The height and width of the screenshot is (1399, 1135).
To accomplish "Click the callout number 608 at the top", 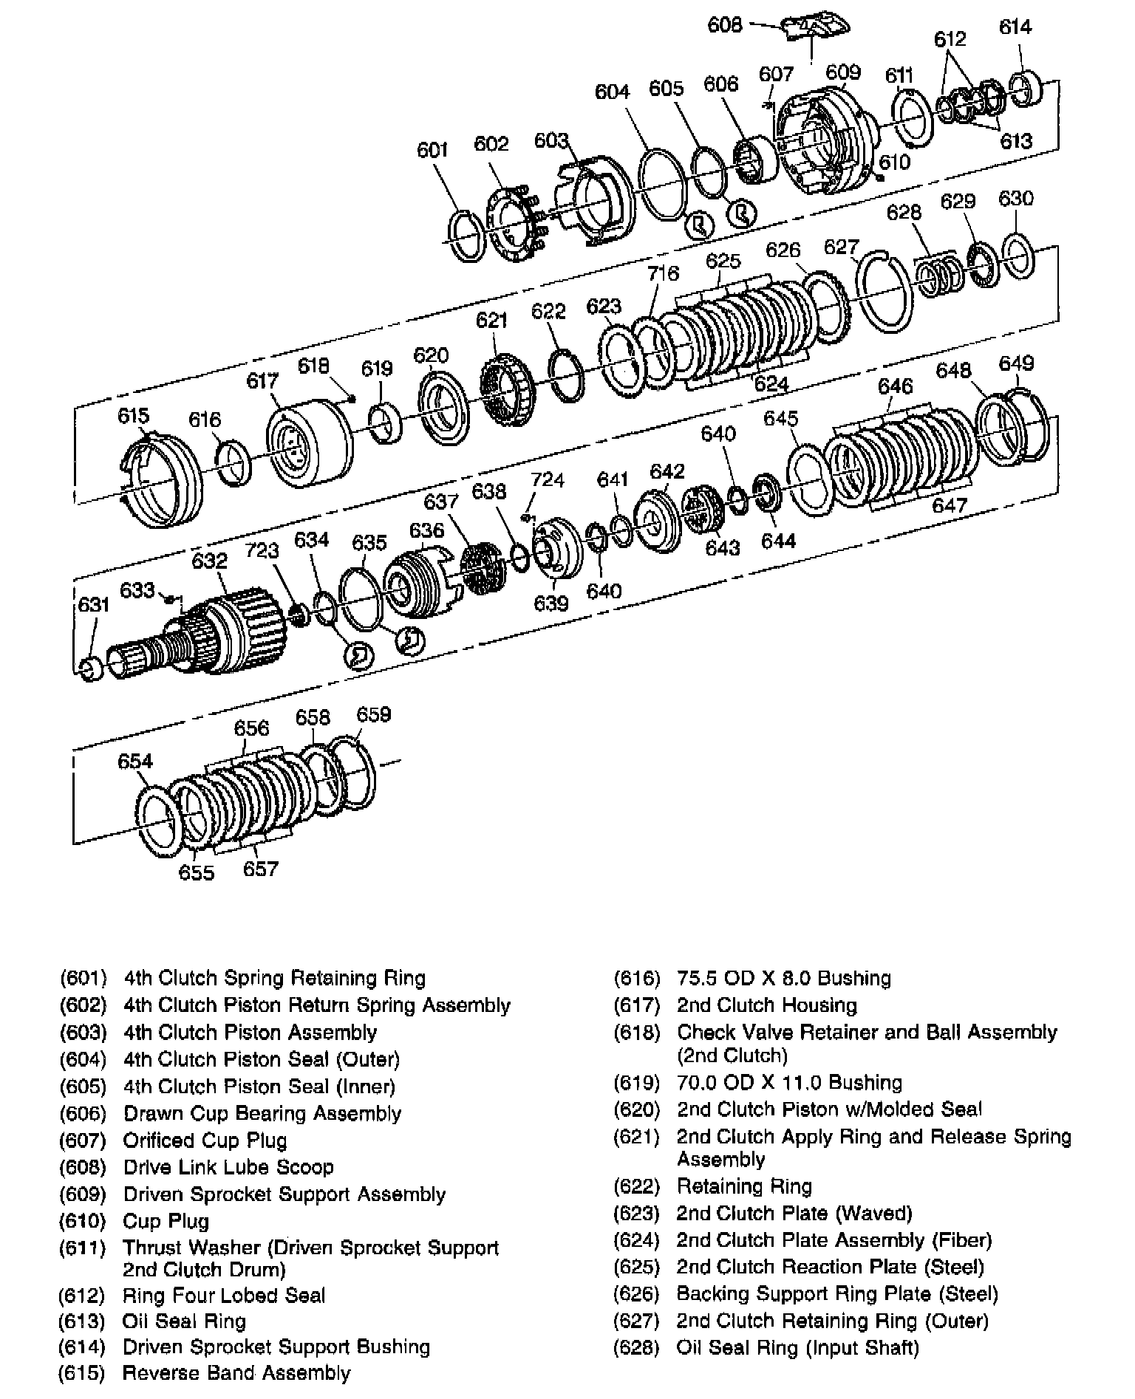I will pos(724,25).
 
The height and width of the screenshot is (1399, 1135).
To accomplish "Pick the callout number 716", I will pos(663,274).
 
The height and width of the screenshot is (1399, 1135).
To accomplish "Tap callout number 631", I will pos(94,606).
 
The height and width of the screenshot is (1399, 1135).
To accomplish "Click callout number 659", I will pos(373,715).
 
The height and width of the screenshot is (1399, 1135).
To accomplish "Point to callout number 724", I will pos(548,480).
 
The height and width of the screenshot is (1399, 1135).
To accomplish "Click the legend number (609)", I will pos(83,1194).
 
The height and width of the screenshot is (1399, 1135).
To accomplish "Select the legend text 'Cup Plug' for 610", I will pos(166,1221).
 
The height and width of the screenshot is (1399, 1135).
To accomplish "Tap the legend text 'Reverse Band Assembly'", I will pos(236,1373).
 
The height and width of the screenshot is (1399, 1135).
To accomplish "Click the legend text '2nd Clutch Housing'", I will pos(766,1005).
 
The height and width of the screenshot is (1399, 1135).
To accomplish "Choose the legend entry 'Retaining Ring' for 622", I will pos(744,1186).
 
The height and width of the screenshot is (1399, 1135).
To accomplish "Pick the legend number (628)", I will pos(636,1347).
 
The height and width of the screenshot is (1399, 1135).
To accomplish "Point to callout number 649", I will pos(1016,364).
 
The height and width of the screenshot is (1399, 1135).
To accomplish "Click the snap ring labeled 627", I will pos(884,293).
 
